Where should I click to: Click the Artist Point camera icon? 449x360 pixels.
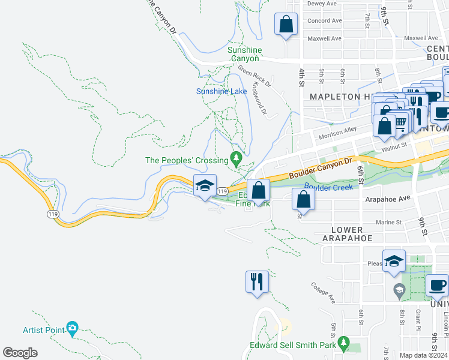[72, 328]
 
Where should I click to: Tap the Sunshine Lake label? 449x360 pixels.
[221, 91]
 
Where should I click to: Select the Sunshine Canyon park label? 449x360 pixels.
[244, 54]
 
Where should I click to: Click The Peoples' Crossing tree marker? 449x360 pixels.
[236, 159]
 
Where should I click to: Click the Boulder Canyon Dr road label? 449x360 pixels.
[319, 169]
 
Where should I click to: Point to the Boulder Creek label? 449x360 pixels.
[328, 187]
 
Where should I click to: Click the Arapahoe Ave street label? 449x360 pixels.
[387, 197]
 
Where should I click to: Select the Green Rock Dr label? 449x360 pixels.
[254, 76]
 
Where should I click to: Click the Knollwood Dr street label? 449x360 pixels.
[259, 98]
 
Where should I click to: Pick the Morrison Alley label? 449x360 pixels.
[337, 132]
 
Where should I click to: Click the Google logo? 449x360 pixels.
[20, 352]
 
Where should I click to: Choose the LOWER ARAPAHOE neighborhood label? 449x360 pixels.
[347, 234]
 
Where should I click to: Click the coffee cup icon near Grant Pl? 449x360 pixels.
[438, 285]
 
